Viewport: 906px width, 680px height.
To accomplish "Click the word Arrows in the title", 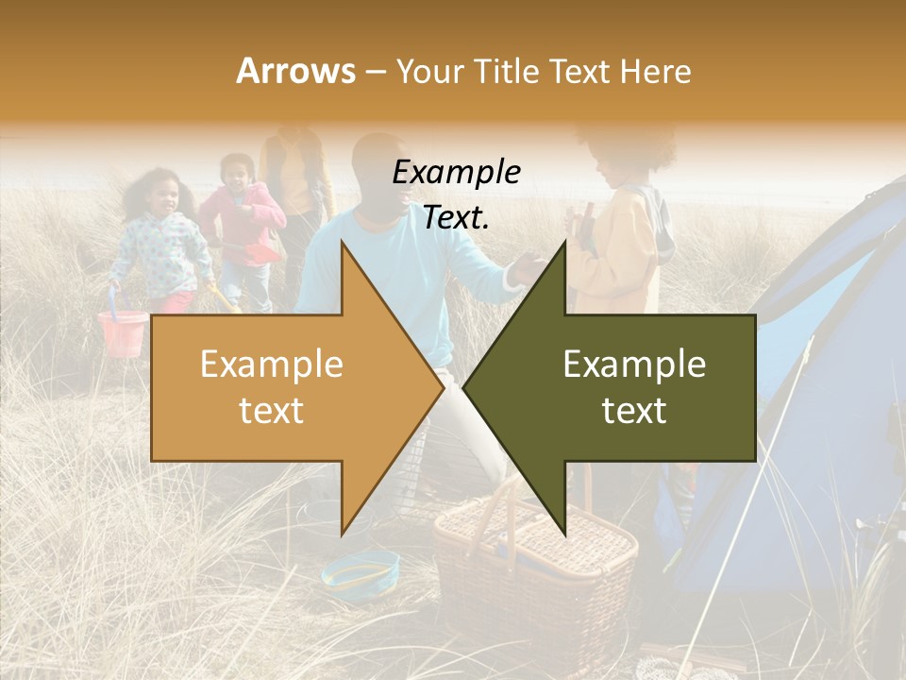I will tap(295, 71).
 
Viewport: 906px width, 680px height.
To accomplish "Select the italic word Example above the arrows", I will tap(456, 173).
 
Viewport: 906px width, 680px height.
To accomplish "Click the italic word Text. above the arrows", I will tap(456, 218).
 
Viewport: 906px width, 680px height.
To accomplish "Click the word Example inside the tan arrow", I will tap(271, 365).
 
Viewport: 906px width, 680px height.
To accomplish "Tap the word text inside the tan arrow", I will tap(271, 411).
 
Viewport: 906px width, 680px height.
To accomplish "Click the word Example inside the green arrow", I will tap(634, 365).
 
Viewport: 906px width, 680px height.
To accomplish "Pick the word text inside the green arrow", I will tap(634, 411).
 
